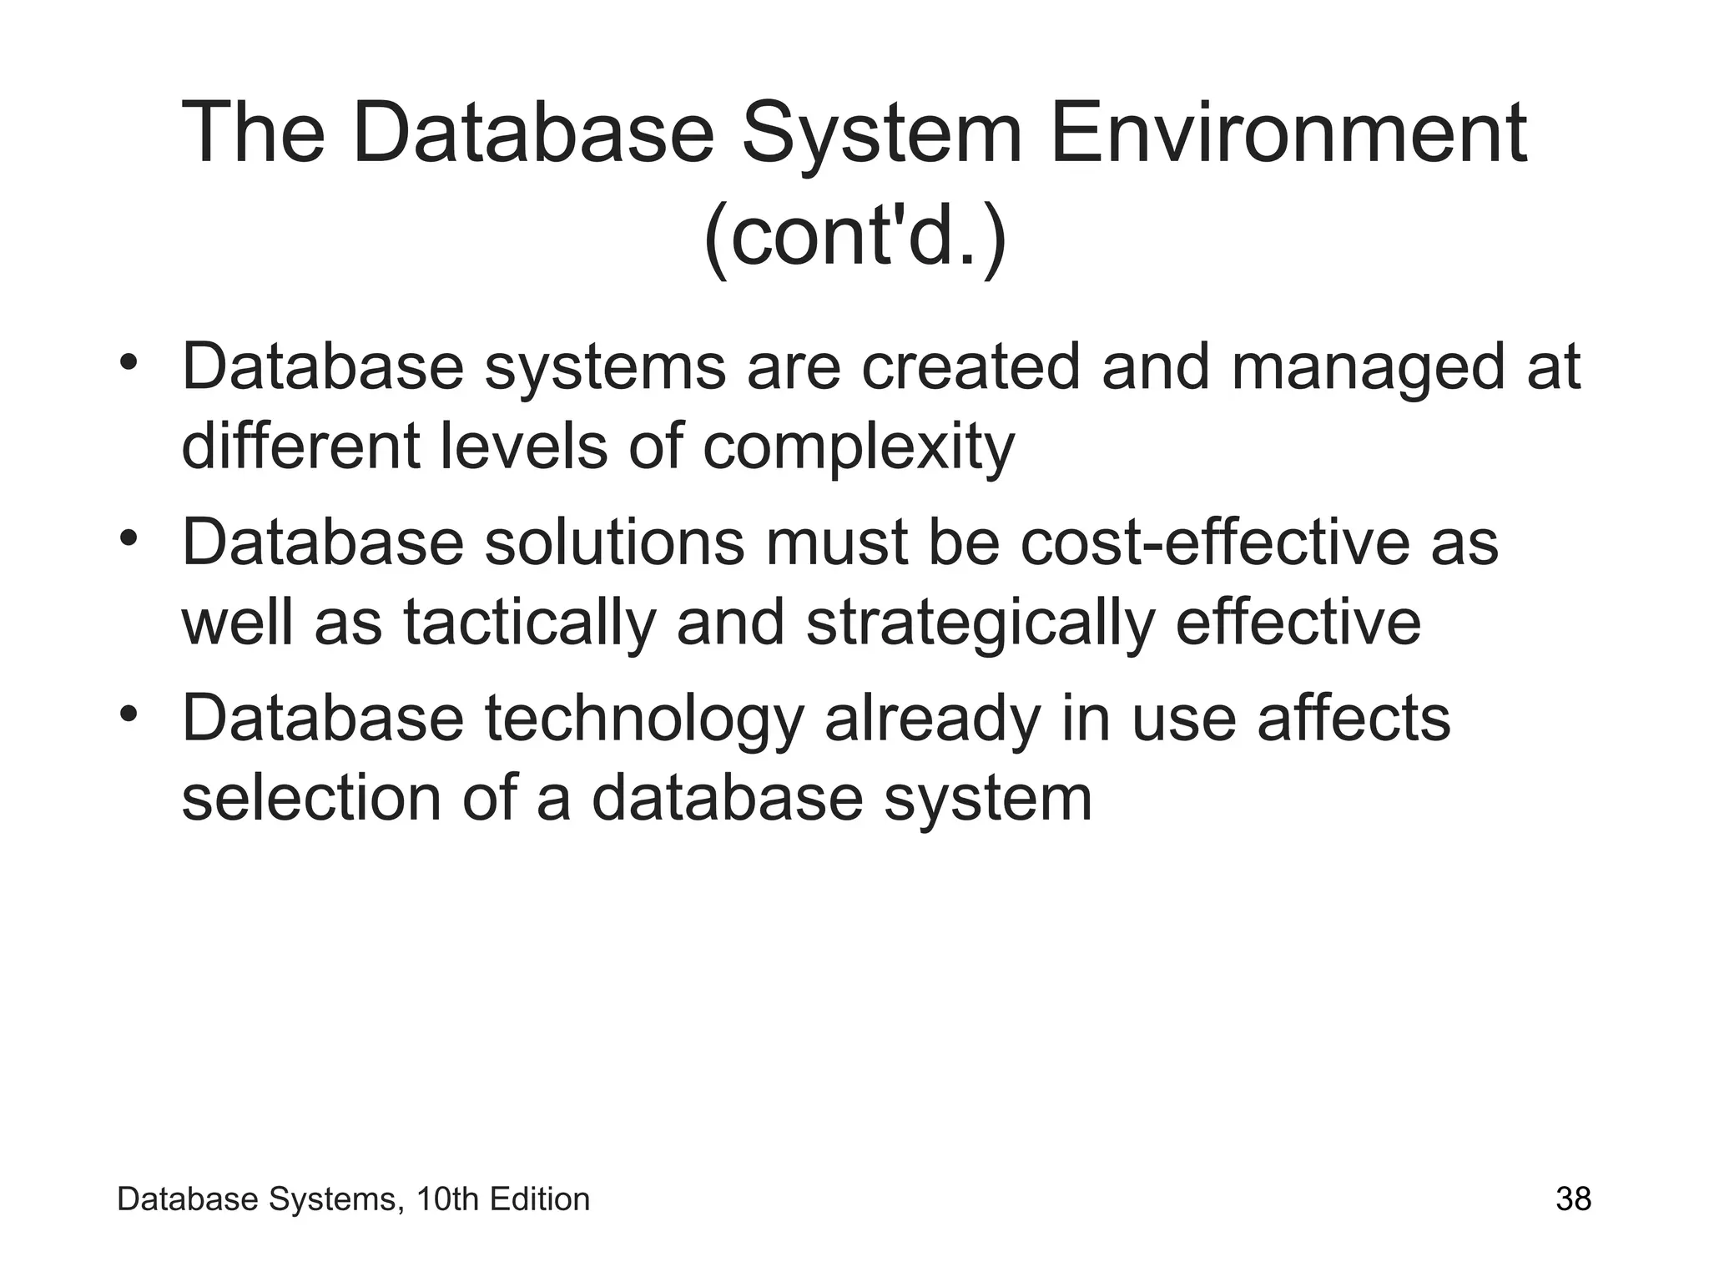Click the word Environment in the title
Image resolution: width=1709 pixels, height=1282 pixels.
(x=1288, y=134)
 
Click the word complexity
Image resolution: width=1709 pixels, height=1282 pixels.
(x=859, y=447)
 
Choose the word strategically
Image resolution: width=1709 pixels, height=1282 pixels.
(x=981, y=623)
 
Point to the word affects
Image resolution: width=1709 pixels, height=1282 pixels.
(x=1354, y=718)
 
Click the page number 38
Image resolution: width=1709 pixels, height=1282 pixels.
(x=1574, y=1199)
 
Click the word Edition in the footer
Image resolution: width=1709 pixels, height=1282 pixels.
(x=540, y=1199)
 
